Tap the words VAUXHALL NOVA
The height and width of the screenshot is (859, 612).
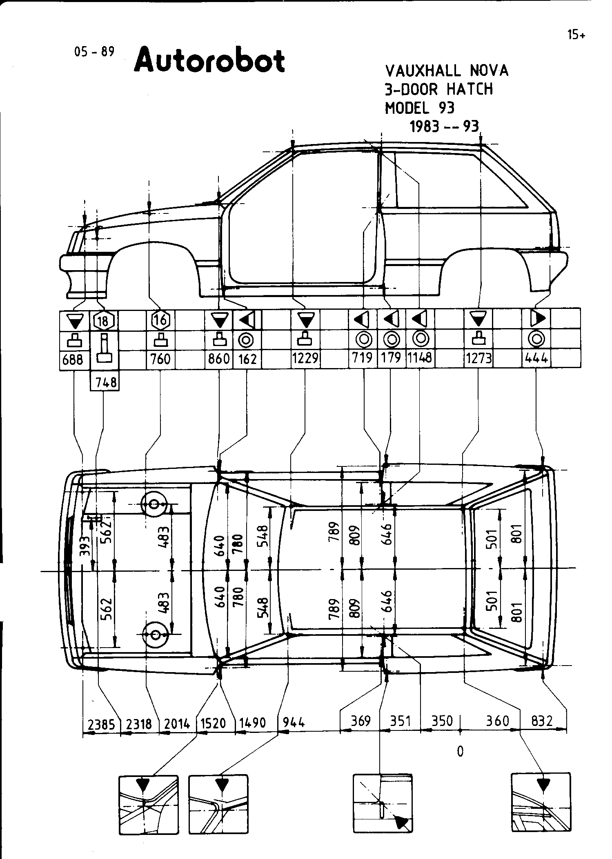tap(447, 71)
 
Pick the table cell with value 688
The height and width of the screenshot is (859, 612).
tap(73, 360)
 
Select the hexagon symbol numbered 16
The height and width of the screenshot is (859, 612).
tap(160, 320)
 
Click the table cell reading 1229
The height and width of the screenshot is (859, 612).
tap(305, 359)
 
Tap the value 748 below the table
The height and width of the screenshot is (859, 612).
tap(105, 382)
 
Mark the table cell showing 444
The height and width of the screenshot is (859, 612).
tap(536, 359)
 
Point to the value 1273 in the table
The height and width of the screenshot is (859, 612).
tap(478, 359)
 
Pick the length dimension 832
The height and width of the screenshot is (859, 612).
tap(542, 721)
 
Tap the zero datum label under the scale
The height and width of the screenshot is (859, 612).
tap(460, 751)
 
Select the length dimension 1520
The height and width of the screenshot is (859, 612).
tap(213, 724)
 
